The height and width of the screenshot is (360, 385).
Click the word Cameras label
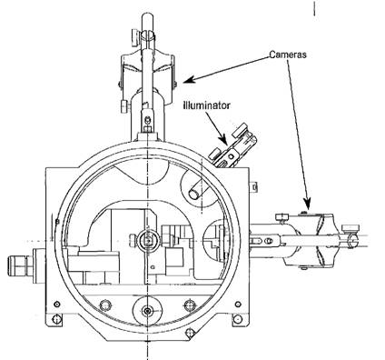(288, 55)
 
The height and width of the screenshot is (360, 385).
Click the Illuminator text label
(206, 105)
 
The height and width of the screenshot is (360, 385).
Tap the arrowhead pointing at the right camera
(307, 205)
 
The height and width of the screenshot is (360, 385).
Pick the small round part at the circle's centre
(148, 240)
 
